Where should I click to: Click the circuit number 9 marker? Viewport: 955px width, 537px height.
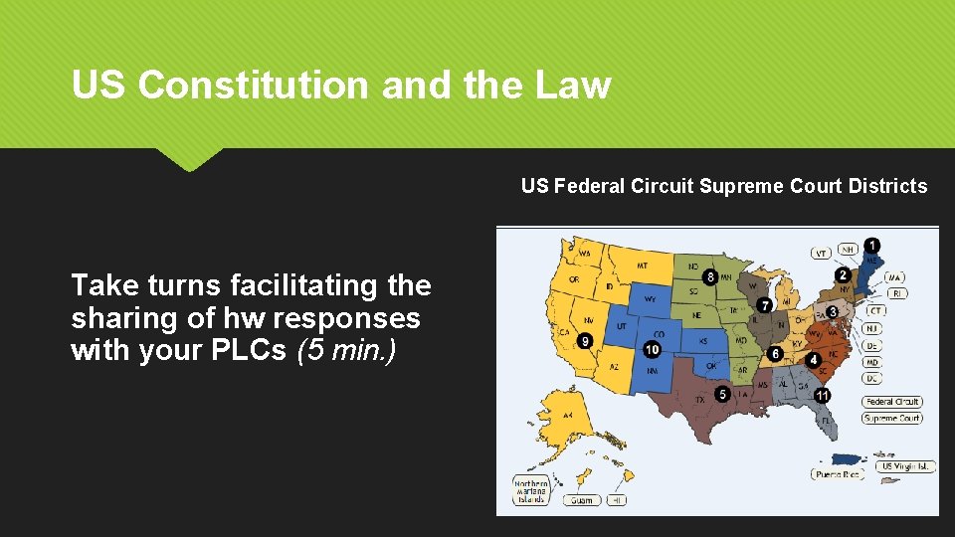coord(585,340)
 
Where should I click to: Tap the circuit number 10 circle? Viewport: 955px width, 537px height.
coord(652,349)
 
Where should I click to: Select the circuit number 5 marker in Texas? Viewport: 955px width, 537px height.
coord(723,395)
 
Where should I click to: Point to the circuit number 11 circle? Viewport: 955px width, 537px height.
coord(823,395)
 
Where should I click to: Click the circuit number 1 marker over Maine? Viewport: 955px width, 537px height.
coord(871,245)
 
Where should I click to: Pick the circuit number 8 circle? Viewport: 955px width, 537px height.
coord(710,275)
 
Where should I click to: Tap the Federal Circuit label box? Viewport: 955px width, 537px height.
coord(892,402)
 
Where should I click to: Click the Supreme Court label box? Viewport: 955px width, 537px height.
coord(892,419)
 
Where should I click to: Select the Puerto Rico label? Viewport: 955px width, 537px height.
coord(836,475)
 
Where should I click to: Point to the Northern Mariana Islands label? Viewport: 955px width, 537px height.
coord(531,491)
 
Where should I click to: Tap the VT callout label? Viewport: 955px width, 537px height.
coord(822,254)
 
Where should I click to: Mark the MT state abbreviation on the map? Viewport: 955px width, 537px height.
coord(641,266)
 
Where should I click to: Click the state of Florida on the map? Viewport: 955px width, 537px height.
coord(828,422)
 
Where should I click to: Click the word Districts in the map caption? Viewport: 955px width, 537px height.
coord(887,186)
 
